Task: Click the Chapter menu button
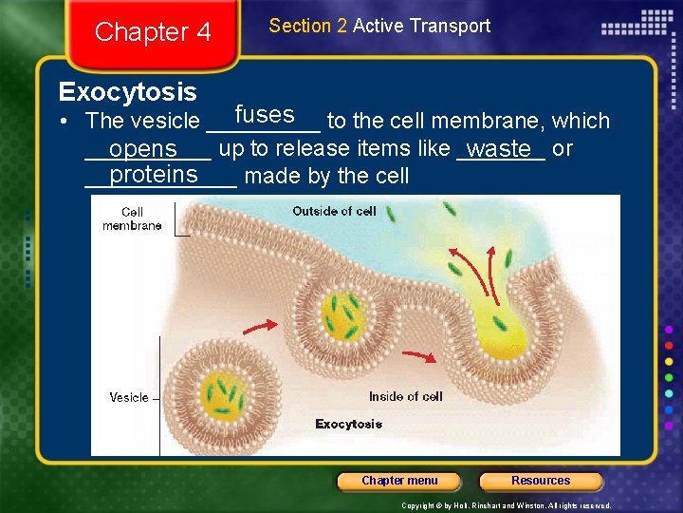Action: (x=399, y=481)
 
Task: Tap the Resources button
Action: (x=541, y=481)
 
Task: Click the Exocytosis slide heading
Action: (x=127, y=92)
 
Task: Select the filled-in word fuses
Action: (x=265, y=115)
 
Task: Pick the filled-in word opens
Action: (x=143, y=150)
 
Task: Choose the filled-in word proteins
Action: (x=154, y=175)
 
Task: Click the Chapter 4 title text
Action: (x=153, y=32)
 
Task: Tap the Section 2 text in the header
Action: (x=307, y=26)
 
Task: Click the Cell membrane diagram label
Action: (x=132, y=218)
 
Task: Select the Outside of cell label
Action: (x=334, y=211)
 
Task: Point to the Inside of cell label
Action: (x=405, y=396)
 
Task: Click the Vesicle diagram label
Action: (x=128, y=397)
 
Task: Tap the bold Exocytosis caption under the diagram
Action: (x=348, y=424)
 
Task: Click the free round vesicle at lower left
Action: (x=222, y=391)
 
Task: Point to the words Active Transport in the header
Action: (x=421, y=26)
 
